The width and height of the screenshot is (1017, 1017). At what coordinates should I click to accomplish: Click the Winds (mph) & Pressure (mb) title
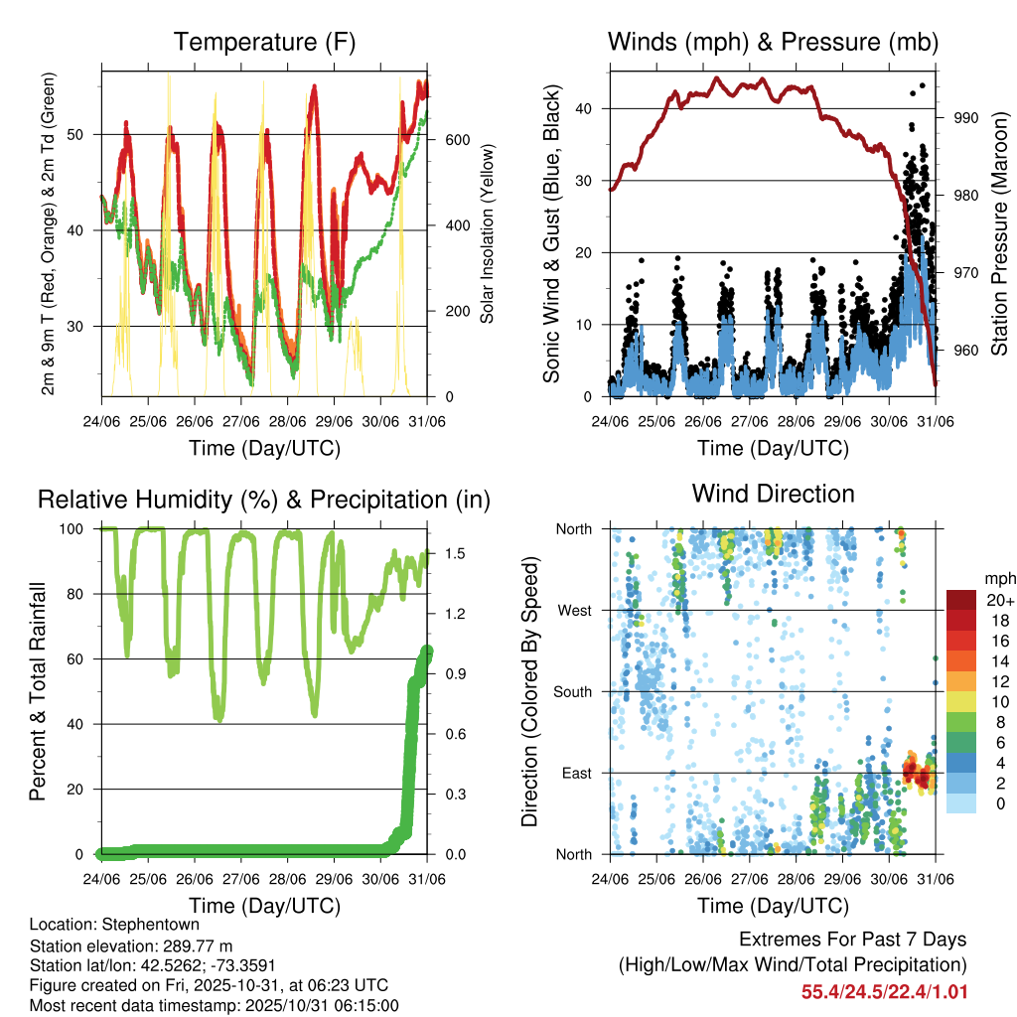[773, 42]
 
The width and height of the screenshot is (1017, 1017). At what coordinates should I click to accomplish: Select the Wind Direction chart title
[773, 493]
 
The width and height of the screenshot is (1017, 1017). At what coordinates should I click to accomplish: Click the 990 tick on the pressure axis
[966, 117]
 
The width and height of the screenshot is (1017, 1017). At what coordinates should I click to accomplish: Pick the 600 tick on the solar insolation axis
[457, 140]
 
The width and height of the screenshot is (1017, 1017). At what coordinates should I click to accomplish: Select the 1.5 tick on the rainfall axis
[454, 554]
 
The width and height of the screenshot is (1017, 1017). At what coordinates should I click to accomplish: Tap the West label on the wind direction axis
[573, 610]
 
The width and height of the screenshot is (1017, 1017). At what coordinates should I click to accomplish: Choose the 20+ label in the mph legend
[999, 600]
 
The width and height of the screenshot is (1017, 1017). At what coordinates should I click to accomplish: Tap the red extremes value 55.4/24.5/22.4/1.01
[884, 991]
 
